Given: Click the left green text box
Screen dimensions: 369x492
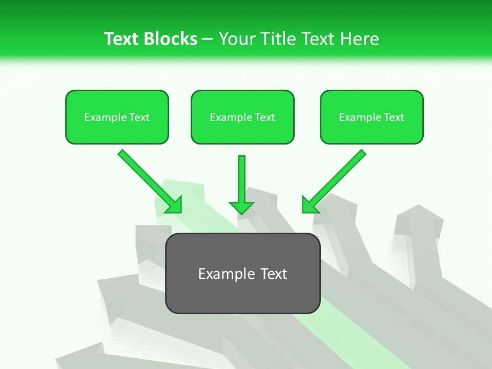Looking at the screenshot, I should coord(117,117).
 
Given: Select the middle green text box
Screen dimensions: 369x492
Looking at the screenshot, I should coord(242,117).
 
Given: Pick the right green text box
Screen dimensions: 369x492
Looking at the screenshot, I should coord(372,117).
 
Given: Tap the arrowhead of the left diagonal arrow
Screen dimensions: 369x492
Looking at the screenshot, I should coord(174,206).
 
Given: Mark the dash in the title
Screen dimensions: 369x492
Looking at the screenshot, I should coord(208,39).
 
